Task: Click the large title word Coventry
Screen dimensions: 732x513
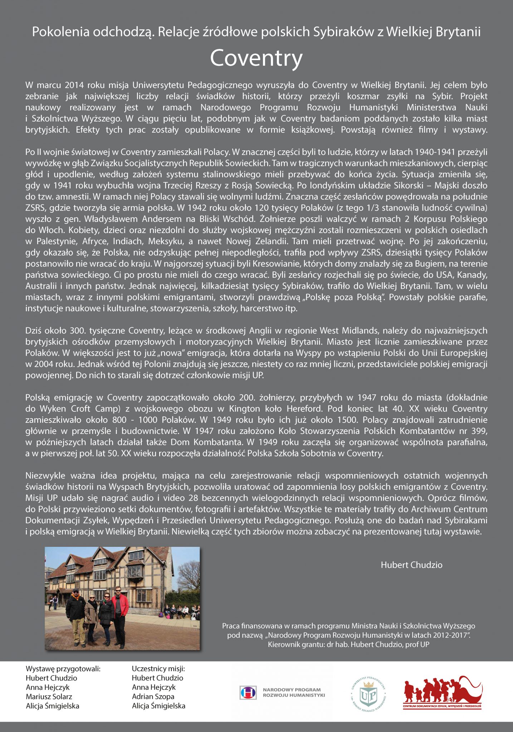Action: (x=256, y=58)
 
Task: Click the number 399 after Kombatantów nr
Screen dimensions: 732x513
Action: (x=478, y=431)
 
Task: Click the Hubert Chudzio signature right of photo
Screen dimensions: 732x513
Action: (x=411, y=565)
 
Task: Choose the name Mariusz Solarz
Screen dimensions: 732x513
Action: (x=49, y=696)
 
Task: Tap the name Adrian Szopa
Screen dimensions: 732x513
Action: (x=153, y=696)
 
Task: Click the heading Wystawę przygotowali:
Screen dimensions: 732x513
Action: (x=63, y=669)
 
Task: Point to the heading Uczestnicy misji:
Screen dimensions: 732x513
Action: (x=158, y=669)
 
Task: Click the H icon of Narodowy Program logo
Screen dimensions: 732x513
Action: (x=248, y=692)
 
